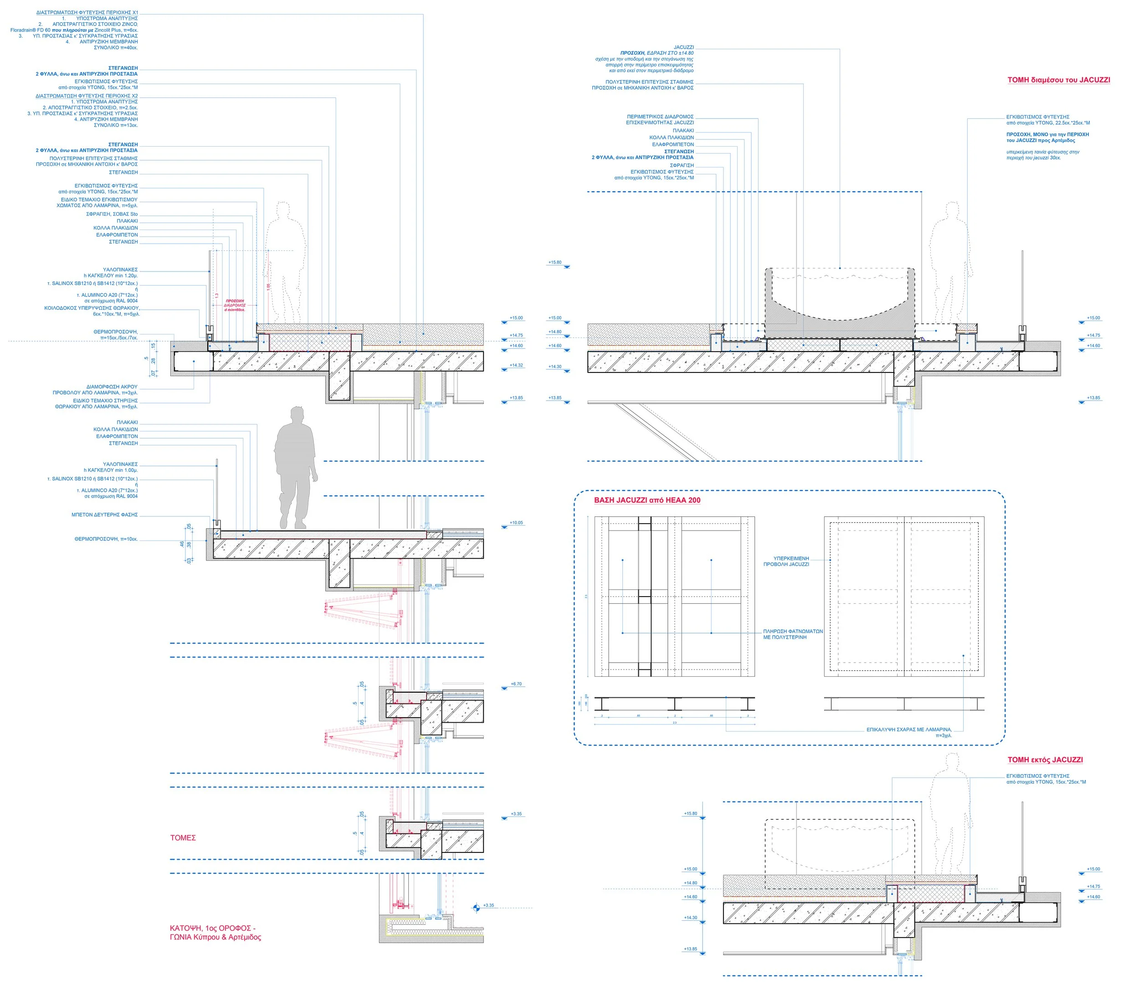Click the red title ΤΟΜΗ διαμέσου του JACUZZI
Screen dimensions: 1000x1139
click(x=1058, y=80)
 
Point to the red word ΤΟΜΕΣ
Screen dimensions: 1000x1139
click(x=183, y=838)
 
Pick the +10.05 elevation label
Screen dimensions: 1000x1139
click(x=517, y=523)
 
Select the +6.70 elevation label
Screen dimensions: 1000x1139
click(x=516, y=684)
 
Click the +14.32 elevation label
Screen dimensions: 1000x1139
click(x=517, y=366)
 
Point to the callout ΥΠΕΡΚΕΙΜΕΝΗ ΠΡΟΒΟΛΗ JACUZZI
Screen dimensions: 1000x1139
click(x=786, y=561)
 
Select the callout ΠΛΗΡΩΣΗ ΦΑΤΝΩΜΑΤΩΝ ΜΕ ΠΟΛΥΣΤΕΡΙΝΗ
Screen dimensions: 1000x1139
click(x=792, y=634)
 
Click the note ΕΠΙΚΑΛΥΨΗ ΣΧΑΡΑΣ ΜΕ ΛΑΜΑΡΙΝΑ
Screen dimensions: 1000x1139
click(x=909, y=730)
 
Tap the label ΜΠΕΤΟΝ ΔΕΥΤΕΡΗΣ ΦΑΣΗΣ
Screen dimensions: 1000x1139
click(x=104, y=515)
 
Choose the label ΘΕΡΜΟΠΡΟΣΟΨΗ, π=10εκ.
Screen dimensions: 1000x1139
click(x=106, y=539)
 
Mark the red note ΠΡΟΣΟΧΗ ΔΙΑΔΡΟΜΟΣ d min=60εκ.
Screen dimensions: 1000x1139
click(x=235, y=305)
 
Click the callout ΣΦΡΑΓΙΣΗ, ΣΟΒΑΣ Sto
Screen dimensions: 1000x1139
click(x=112, y=214)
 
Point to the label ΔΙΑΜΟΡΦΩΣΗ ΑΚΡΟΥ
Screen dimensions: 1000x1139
click(x=112, y=387)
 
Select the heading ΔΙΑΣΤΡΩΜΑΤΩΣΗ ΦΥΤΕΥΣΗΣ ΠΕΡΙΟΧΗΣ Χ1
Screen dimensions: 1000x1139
click(x=87, y=12)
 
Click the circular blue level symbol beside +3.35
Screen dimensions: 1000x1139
click(x=476, y=908)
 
